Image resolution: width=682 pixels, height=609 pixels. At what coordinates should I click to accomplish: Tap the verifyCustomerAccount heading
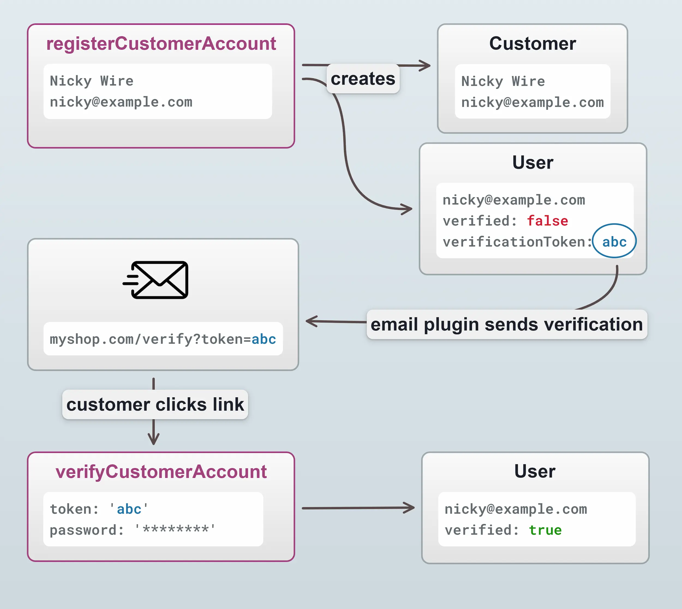(161, 472)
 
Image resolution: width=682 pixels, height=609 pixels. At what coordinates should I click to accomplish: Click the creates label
(363, 79)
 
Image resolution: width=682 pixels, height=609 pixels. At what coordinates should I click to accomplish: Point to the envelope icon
(156, 280)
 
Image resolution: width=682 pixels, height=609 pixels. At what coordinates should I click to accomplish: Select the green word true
(545, 530)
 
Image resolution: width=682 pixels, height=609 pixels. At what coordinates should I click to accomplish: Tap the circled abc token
(614, 241)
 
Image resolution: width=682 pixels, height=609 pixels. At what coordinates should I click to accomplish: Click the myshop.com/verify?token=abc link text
(163, 339)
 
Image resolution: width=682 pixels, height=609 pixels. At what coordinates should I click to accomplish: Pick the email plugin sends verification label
(506, 325)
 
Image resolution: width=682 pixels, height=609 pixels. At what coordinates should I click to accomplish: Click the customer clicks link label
(155, 405)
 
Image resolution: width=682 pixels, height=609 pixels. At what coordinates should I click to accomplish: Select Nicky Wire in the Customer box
(503, 81)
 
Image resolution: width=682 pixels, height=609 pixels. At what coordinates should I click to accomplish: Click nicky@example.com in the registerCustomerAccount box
(121, 102)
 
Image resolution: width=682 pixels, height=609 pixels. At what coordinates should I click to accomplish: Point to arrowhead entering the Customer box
(426, 65)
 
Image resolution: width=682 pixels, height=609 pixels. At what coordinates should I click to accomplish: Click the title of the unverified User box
(533, 163)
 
